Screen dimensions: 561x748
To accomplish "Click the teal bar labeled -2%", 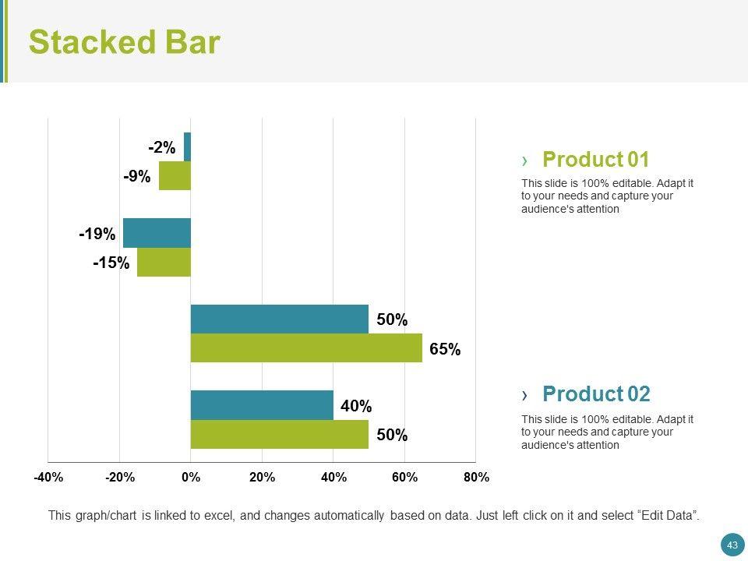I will pos(187,146).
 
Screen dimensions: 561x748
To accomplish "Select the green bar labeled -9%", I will pos(175,175).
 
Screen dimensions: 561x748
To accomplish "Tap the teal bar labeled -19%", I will pos(157,232).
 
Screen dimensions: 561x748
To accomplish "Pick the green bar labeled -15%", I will pos(164,262).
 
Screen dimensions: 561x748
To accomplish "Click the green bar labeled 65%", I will pos(306,348).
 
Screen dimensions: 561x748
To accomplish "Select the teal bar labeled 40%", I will pos(262,405).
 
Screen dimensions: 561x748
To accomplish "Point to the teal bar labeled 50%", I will pos(279,319).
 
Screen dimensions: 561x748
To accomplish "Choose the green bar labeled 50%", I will pos(279,434).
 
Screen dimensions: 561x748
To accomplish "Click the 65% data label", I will pos(445,350).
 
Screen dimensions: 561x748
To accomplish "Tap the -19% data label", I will pos(97,234).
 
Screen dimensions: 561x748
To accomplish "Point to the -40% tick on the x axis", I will pos(48,478).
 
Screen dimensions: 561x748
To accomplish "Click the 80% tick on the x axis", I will pos(475,478).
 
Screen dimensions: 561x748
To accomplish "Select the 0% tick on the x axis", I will pos(191,478).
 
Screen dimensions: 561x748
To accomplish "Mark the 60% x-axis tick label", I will pos(404,478).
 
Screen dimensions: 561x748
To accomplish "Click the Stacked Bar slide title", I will pos(125,43).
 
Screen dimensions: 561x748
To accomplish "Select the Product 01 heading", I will pos(595,160).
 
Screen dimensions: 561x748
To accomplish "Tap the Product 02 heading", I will pos(595,393).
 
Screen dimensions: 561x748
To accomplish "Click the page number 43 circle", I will pos(732,545).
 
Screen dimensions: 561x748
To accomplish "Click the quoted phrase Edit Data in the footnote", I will pos(668,515).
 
